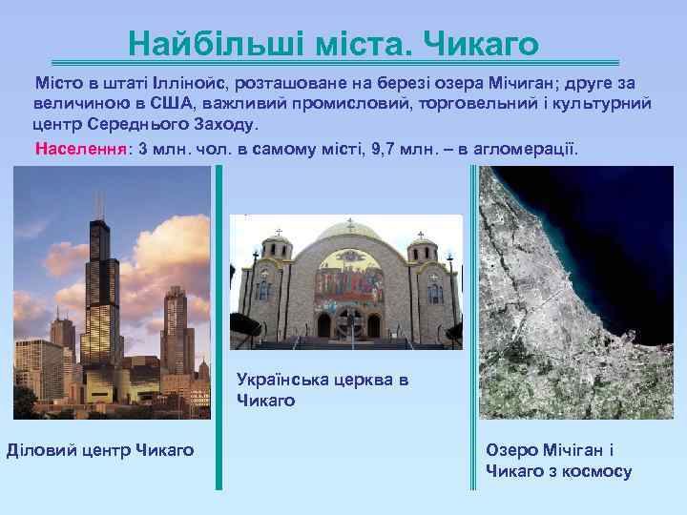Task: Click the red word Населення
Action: click(x=81, y=151)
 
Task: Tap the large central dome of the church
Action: click(x=346, y=238)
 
